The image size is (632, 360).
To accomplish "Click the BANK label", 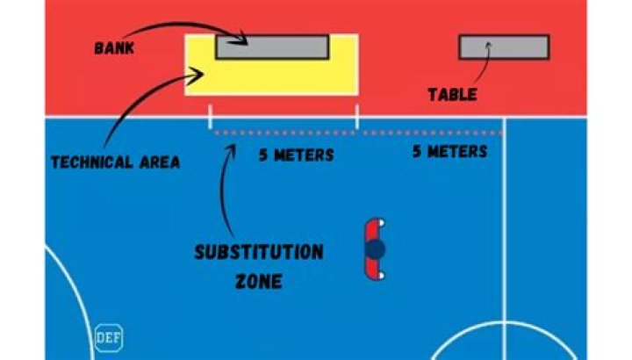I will (115, 47).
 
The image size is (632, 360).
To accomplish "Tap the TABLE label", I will (452, 94).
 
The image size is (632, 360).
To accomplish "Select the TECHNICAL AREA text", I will (115, 162).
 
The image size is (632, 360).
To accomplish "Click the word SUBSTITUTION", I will (258, 253).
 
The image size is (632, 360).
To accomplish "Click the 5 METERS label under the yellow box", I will (296, 155).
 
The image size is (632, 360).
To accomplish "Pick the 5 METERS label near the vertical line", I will (449, 152).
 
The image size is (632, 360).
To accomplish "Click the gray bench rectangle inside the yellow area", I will (272, 47).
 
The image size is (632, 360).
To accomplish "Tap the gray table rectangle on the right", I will (504, 47).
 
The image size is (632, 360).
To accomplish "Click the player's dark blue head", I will (376, 250).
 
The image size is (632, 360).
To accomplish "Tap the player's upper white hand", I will (381, 224).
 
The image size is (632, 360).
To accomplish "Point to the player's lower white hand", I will (381, 277).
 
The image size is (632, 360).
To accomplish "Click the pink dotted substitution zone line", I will (360, 133).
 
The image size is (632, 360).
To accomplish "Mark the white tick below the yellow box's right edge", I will (356, 117).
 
